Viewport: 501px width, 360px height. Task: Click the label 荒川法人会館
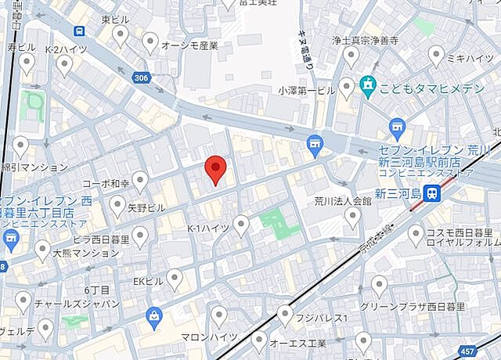342,200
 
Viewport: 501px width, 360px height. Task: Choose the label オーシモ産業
189,45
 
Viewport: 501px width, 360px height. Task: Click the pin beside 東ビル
121,34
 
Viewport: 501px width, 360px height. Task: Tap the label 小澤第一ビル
306,89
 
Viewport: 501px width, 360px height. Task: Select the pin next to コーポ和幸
140,181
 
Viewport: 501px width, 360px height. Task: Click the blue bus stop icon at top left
79,31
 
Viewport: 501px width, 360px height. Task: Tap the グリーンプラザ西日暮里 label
413,307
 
